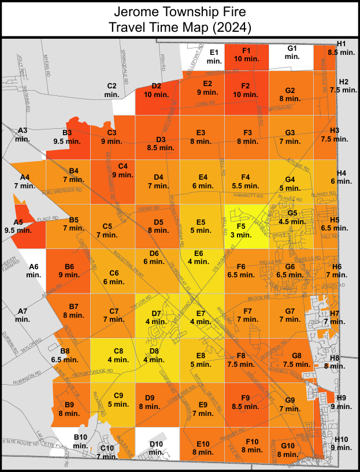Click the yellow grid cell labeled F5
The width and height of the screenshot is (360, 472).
[246, 227]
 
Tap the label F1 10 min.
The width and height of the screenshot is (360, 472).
[246, 55]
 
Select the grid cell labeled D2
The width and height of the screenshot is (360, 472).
[156, 91]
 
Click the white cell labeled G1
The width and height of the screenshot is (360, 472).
[292, 53]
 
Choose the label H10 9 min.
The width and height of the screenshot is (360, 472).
[342, 443]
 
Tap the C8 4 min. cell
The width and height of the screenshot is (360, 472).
[118, 355]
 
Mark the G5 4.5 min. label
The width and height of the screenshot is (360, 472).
[292, 217]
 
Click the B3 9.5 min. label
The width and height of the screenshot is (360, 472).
[66, 137]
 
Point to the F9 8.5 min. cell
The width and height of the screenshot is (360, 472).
[246, 402]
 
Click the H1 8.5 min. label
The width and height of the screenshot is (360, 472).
[341, 48]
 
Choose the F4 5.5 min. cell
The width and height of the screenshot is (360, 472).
[246, 181]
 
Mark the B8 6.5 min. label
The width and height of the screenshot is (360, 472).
[65, 355]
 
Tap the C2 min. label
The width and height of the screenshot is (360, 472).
[112, 90]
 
